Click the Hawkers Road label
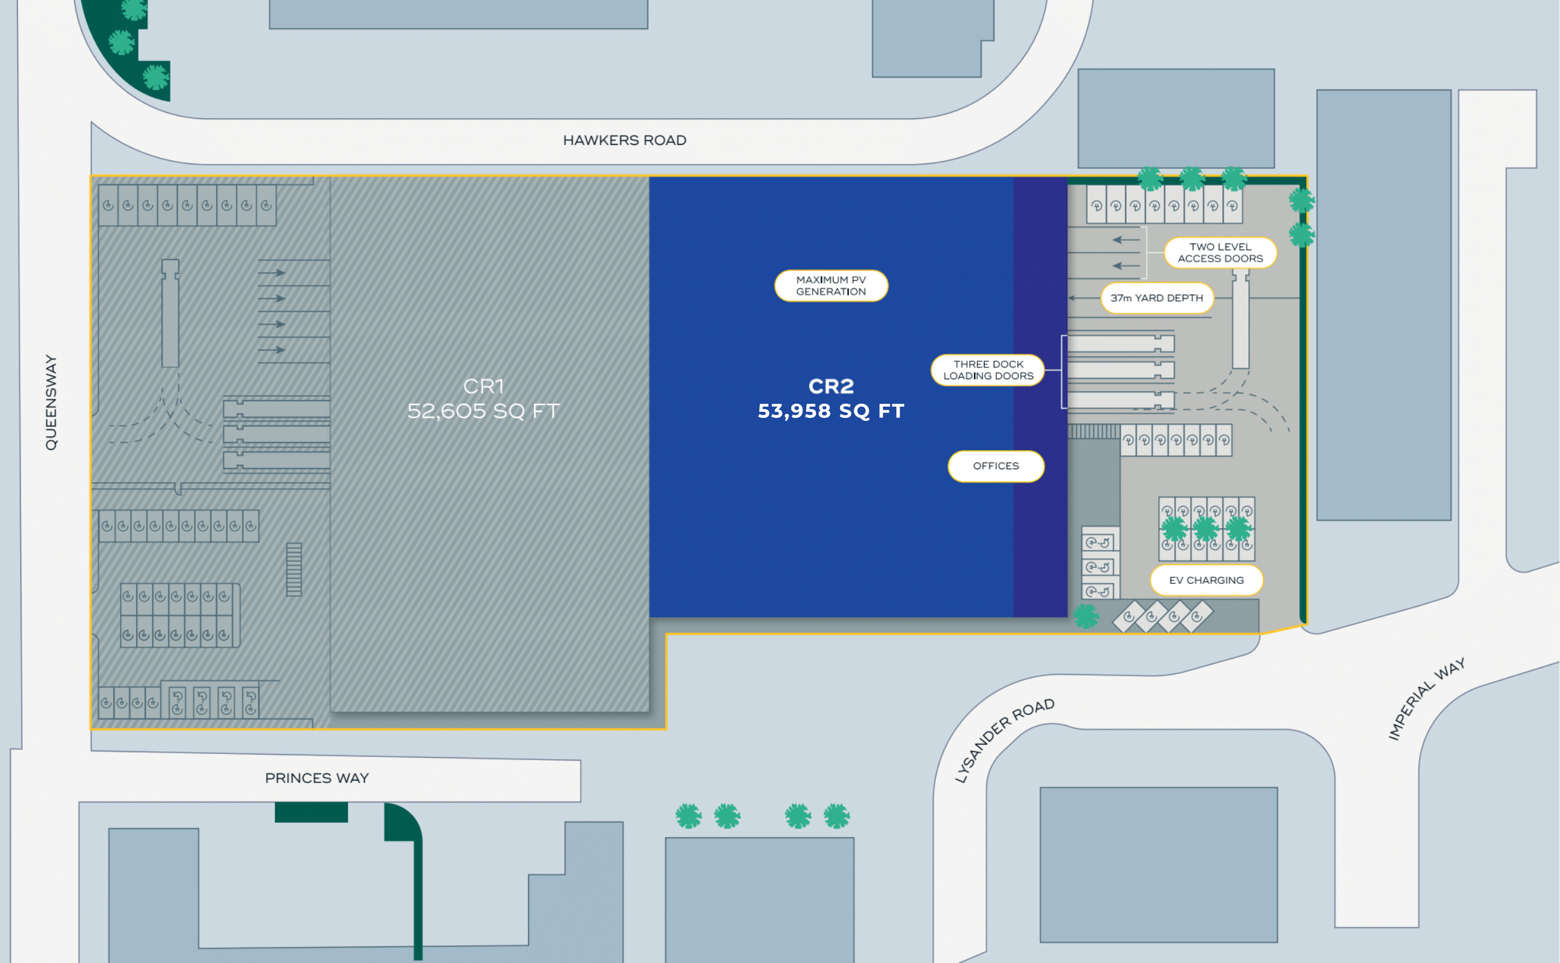click(624, 140)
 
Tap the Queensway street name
click(51, 403)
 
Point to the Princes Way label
click(317, 777)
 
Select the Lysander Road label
click(1004, 740)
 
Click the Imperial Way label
click(1426, 699)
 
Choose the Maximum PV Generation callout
click(831, 285)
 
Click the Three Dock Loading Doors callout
click(988, 370)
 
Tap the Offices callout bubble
click(996, 466)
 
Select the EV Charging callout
click(1206, 580)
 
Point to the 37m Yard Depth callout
click(1156, 298)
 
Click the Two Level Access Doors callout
click(1220, 253)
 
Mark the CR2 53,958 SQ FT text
click(831, 399)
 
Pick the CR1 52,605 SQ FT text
click(483, 399)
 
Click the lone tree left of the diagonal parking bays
click(1086, 616)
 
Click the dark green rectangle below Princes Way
click(311, 812)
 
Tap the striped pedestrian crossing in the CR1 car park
click(293, 570)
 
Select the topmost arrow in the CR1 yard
click(272, 273)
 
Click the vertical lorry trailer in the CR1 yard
click(170, 313)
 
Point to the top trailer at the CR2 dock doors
click(1121, 344)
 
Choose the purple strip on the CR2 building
click(1040, 397)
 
